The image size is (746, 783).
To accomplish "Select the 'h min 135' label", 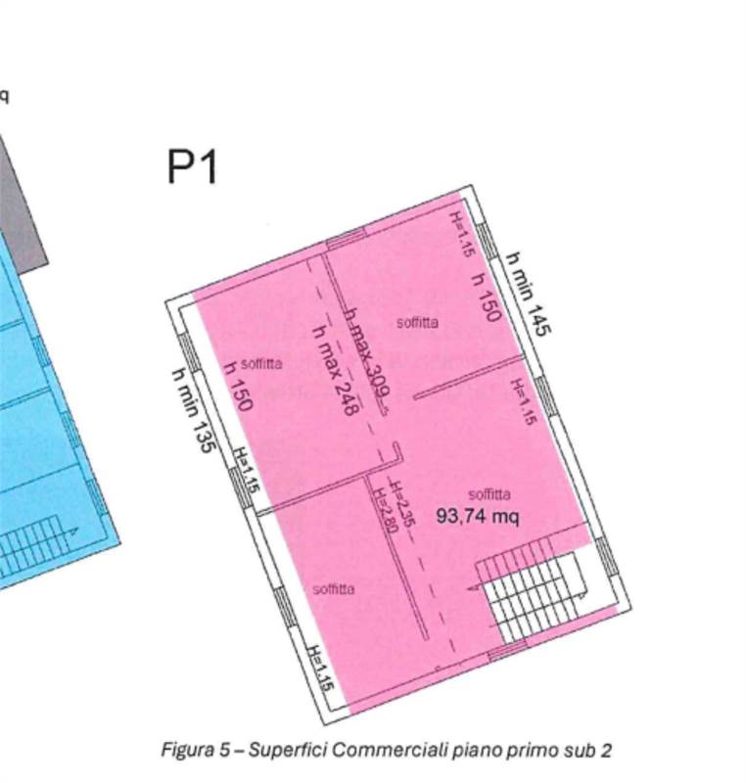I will point(193,410).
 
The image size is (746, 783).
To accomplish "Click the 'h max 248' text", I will point(333,372).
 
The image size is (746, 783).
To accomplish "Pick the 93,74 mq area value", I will point(478,516).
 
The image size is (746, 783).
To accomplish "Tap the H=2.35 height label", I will point(403,506).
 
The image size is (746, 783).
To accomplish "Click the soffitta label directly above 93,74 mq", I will point(489,494).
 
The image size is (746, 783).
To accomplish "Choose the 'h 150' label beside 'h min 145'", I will point(487,297).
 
